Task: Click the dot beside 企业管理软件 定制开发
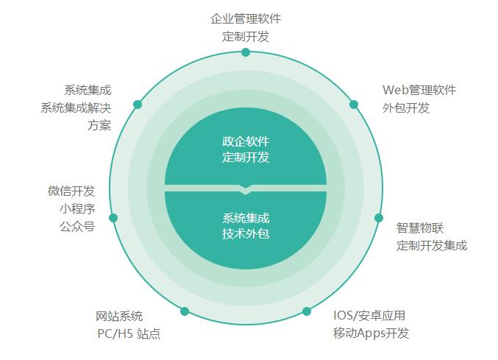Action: [246, 52]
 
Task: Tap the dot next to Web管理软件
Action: [354, 105]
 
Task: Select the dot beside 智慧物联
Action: [379, 218]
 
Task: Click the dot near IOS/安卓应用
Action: [307, 311]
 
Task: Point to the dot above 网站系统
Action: [185, 311]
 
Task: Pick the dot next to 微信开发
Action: [113, 218]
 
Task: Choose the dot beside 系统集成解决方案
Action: [138, 105]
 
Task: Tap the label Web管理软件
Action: [419, 90]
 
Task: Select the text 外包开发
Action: [406, 107]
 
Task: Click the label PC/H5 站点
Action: [129, 333]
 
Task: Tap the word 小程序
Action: [77, 208]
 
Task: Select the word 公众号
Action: [77, 226]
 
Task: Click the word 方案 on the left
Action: [99, 124]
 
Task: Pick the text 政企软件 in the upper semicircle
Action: [246, 140]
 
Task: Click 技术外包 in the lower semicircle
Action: [246, 234]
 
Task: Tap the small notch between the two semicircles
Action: [246, 190]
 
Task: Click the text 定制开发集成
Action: [432, 245]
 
